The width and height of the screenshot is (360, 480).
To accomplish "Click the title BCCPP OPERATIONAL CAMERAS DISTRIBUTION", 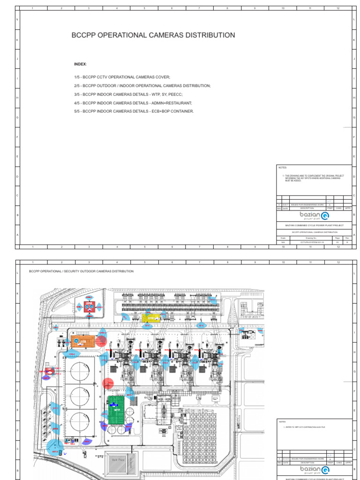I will [x=153, y=35].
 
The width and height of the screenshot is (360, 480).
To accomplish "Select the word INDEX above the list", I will [x=80, y=64].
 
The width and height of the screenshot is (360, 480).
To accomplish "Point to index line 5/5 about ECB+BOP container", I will [x=134, y=111].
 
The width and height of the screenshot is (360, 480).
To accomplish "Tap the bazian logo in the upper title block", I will [x=315, y=216].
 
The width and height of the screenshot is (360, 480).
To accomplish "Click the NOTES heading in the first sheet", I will [x=282, y=167].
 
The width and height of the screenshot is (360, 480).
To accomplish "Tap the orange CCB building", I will [x=82, y=341].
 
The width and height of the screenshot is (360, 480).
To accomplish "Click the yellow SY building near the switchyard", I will [x=151, y=318].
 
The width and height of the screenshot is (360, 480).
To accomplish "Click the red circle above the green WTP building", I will [x=108, y=384].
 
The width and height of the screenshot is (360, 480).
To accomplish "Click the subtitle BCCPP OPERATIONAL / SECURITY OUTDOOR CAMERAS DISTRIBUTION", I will [x=81, y=271].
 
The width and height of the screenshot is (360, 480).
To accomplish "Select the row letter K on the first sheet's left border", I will [x=18, y=40].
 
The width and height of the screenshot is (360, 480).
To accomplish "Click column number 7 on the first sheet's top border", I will [x=199, y=8].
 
